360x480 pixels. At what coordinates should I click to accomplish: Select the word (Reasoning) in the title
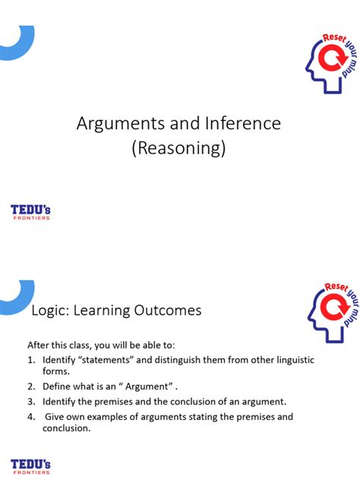tap(179, 148)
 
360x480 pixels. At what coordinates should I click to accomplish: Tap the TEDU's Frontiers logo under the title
tap(30, 213)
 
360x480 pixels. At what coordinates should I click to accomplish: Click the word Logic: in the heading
tap(49, 311)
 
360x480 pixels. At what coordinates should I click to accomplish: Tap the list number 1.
tap(31, 359)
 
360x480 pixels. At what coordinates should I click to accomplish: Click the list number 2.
tap(31, 387)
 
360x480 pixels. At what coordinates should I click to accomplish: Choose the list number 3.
tap(31, 402)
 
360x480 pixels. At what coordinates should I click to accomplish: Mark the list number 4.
tap(31, 417)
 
